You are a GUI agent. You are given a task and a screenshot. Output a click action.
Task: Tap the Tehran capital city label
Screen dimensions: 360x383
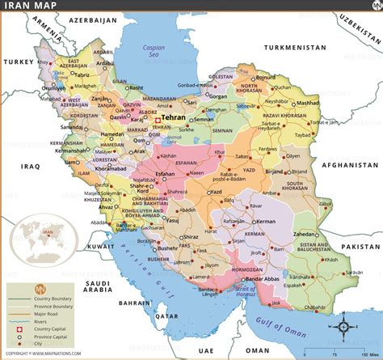click(174, 118)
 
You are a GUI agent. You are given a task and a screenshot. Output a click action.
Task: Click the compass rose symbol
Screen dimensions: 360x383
click(345, 305)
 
